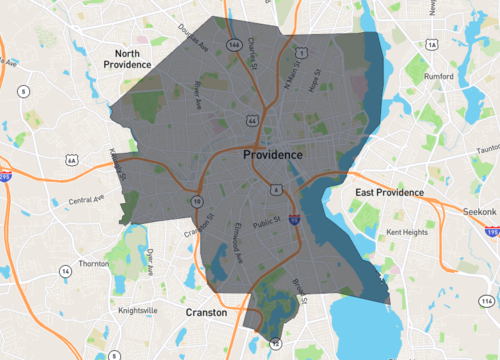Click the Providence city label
coord(272,156)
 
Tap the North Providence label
coord(140,57)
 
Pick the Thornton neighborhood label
coord(92,264)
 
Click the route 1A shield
coord(431,45)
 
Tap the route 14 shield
coord(65,271)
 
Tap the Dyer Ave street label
coord(151,262)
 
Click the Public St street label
coord(266,224)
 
